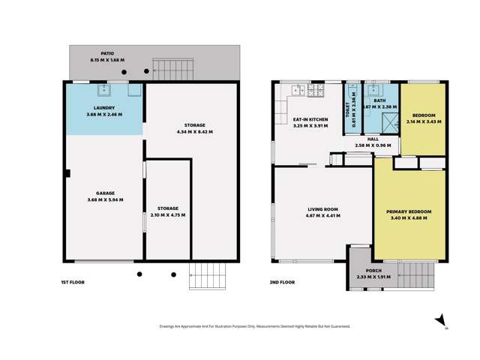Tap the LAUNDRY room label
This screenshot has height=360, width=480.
[104, 107]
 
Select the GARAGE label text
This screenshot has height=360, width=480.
[104, 193]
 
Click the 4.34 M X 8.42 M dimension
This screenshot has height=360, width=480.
[193, 131]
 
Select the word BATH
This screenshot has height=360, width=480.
[379, 100]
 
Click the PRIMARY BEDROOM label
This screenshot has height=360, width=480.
[409, 211]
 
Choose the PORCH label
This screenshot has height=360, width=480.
[373, 271]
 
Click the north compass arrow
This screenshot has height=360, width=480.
[442, 320]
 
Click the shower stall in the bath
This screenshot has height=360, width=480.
[388, 122]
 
